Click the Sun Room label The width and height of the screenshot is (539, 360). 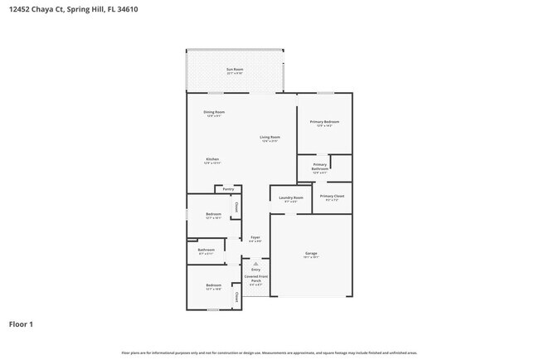[236, 69]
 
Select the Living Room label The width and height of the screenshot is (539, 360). [269, 137]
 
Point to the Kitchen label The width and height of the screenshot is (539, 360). [212, 158]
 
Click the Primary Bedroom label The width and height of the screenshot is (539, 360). [324, 122]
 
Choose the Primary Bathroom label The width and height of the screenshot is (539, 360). [320, 167]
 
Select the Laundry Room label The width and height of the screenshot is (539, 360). [291, 197]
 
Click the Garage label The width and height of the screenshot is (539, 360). [311, 253]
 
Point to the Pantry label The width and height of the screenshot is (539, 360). [228, 189]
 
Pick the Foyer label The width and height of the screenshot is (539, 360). [255, 237]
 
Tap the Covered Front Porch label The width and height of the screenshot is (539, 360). [255, 280]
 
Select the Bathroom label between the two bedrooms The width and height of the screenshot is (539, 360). [206, 250]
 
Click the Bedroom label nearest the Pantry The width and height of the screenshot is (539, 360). [213, 214]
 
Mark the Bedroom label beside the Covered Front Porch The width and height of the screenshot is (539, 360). [213, 285]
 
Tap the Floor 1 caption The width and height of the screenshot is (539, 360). [21, 324]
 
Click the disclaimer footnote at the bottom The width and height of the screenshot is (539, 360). [269, 353]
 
